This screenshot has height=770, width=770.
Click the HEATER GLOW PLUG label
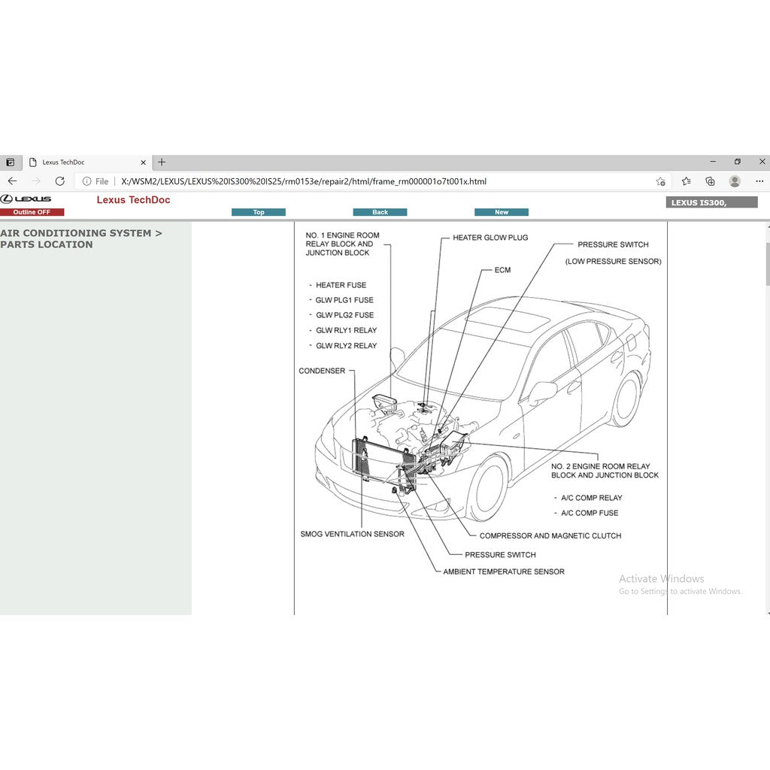coord(490,238)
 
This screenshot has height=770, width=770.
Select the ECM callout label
coord(502,270)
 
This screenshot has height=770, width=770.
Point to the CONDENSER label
coord(322,371)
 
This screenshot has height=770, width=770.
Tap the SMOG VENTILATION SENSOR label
coord(352,534)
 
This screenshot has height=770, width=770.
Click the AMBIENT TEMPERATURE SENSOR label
coord(503,571)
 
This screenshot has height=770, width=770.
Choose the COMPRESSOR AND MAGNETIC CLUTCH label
coord(550,536)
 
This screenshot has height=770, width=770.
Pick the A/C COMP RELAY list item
coord(591,498)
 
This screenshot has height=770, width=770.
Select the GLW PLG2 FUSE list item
coord(344,315)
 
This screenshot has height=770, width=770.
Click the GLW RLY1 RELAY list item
coord(346,331)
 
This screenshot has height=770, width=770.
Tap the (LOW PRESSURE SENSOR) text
coord(613,262)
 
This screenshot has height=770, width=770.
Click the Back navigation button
coord(380,212)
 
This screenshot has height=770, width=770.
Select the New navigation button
coord(502,212)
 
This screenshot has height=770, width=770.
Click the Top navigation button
coord(259,212)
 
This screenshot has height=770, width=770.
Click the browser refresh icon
coord(60,181)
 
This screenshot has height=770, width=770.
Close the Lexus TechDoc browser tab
coord(144,162)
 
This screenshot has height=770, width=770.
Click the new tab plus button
coord(162,162)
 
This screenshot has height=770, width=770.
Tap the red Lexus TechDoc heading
coord(133,200)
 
